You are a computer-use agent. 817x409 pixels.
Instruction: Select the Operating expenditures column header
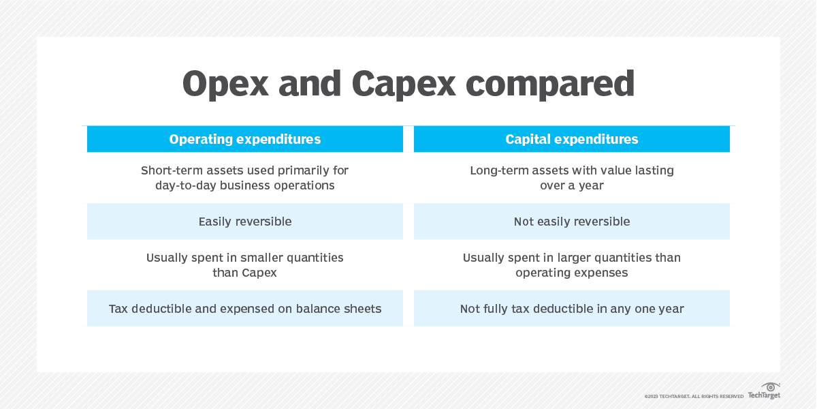point(245,139)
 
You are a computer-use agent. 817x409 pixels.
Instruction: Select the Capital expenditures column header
point(572,139)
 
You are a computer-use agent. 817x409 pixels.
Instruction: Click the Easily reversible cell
point(245,222)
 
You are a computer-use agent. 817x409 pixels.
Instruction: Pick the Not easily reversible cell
point(572,222)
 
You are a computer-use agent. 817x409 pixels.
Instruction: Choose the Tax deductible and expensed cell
point(245,309)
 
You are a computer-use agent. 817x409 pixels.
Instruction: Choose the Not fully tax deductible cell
point(572,309)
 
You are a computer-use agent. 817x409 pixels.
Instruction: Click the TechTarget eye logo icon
point(771,387)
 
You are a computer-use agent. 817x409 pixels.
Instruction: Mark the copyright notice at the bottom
point(694,396)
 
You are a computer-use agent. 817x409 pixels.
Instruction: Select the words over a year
point(572,185)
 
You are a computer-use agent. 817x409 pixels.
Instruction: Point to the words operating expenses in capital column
point(572,273)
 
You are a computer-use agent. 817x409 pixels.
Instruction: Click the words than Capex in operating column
point(245,273)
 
